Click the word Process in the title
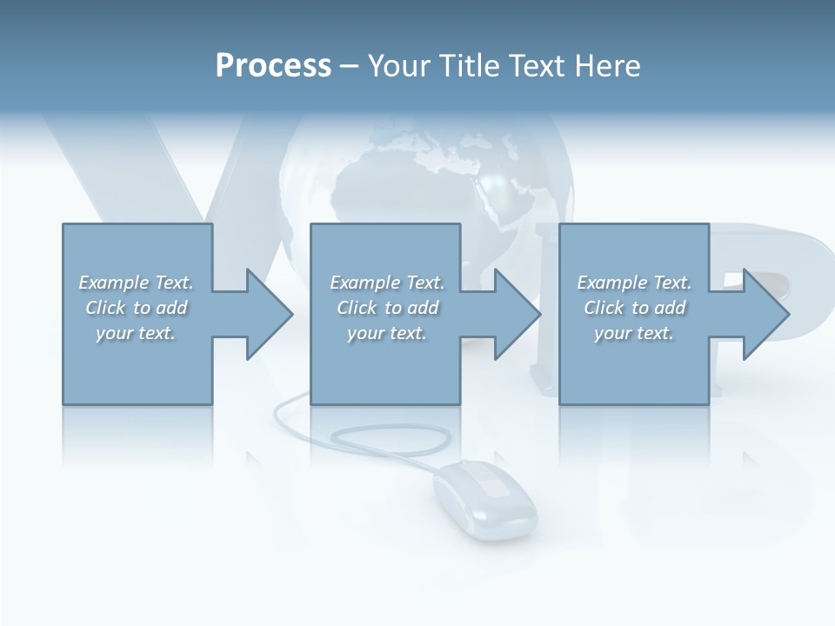(x=273, y=66)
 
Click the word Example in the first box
(x=113, y=283)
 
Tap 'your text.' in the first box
(x=136, y=334)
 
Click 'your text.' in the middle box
(x=387, y=334)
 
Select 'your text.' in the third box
(x=634, y=334)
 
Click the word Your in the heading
(x=397, y=66)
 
